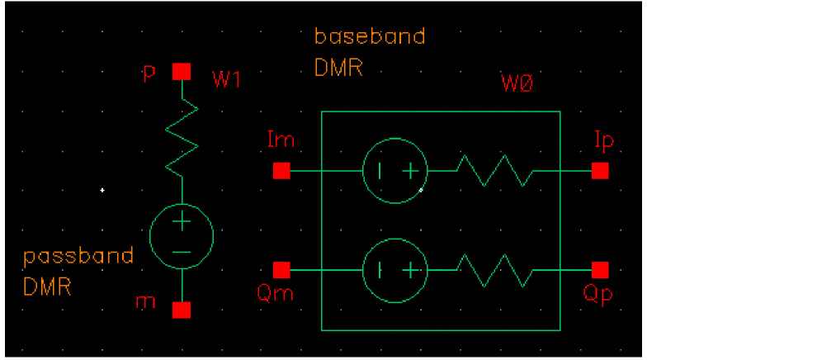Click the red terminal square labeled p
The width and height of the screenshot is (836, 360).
(182, 72)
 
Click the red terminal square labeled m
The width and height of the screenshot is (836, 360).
(182, 310)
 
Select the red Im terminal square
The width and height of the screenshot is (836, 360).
(281, 171)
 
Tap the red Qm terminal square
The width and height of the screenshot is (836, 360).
(281, 270)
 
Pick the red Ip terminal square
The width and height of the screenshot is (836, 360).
(600, 171)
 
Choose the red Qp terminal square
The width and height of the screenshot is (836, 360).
(600, 270)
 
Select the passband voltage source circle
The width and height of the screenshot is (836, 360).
(182, 236)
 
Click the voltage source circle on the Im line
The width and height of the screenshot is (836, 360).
(394, 171)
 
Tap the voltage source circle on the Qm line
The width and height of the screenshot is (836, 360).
(394, 270)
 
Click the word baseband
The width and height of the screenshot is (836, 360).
(370, 37)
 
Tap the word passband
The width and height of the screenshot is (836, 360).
(78, 256)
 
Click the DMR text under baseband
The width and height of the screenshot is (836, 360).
(338, 69)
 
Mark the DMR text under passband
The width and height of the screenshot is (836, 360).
(47, 287)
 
